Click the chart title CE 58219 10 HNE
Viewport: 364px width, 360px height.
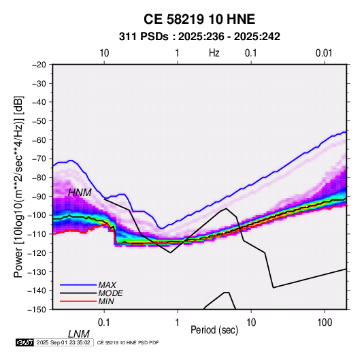point(199,19)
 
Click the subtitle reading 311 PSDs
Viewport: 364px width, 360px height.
point(144,37)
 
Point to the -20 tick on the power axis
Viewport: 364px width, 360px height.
point(39,65)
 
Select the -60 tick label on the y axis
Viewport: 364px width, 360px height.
point(39,140)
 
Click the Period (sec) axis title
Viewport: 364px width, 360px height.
point(214,330)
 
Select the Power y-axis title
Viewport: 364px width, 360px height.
point(18,186)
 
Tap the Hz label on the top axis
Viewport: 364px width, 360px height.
point(214,53)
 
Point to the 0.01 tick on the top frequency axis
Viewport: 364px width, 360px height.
point(324,53)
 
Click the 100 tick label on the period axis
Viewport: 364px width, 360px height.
point(325,323)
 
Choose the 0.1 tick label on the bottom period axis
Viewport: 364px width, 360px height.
point(104,323)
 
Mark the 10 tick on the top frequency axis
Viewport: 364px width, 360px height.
point(104,53)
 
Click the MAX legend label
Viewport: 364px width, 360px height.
point(107,284)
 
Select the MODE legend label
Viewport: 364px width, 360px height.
point(110,293)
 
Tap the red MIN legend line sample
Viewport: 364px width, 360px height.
point(78,301)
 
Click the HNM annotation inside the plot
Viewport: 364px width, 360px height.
point(80,193)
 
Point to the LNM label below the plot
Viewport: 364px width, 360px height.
point(78,334)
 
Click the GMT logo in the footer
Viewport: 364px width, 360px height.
point(24,342)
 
